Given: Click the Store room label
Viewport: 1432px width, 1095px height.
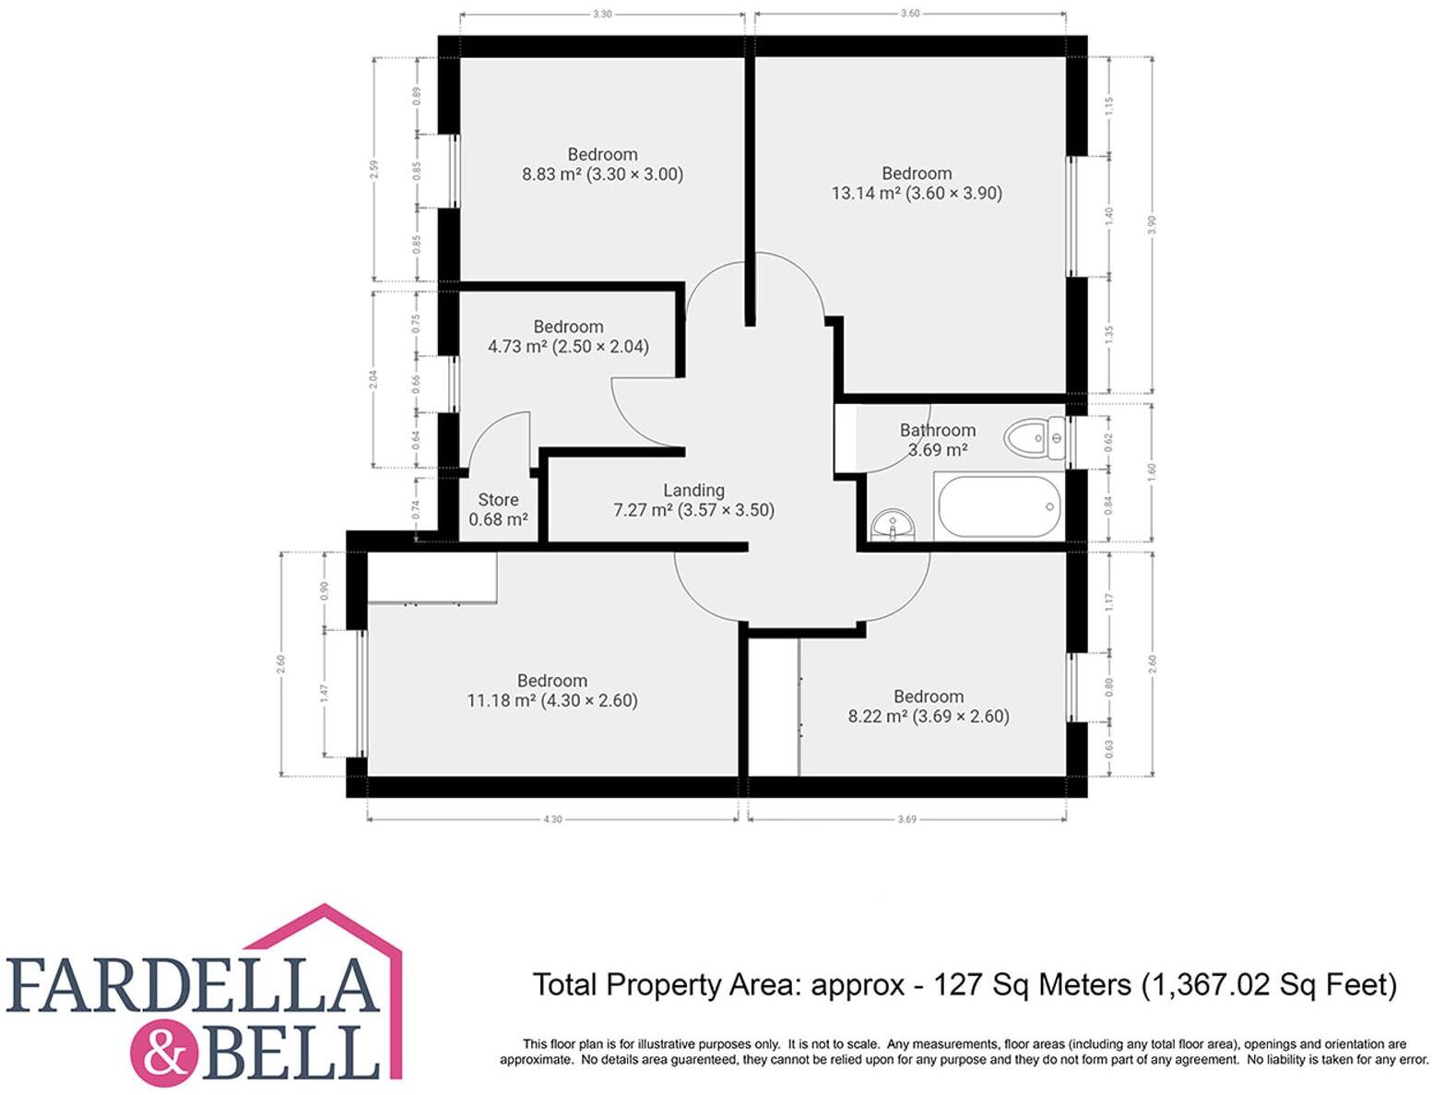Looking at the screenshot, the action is (x=498, y=500).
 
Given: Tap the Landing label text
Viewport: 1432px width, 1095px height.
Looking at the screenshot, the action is (x=693, y=490).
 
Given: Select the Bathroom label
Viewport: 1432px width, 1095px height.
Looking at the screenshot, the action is (x=938, y=430).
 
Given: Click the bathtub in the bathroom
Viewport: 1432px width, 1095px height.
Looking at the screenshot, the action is (x=999, y=507).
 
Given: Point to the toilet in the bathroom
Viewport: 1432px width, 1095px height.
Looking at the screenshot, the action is (x=1034, y=438).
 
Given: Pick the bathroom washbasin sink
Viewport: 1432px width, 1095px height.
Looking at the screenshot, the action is (x=893, y=526).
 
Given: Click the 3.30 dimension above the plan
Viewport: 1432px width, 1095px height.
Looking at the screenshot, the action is (x=602, y=15).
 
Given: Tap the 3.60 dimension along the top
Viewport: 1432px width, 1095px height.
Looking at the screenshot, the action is (x=909, y=14).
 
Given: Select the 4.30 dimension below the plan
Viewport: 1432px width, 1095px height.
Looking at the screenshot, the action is (x=552, y=819).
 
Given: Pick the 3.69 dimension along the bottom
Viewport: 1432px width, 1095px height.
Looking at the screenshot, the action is (x=906, y=819).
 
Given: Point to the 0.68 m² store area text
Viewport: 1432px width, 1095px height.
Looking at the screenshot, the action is (x=498, y=520).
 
